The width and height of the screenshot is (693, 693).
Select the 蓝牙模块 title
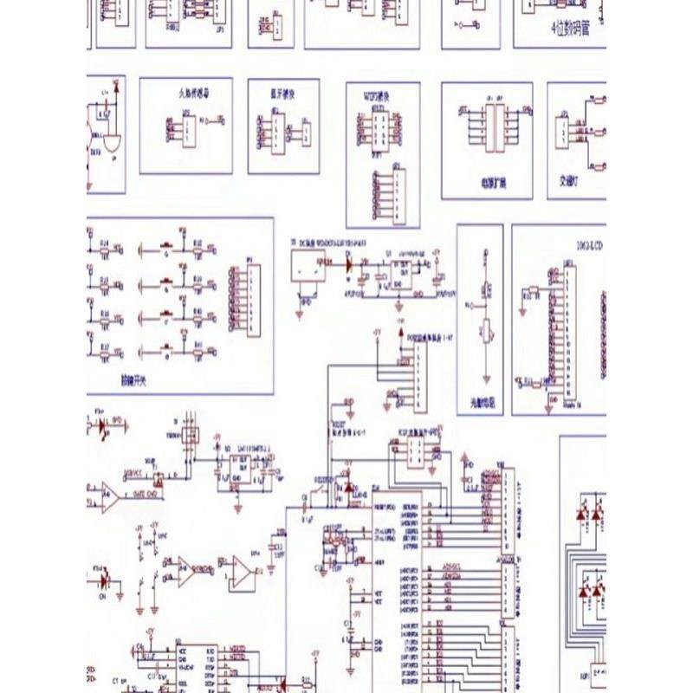280,90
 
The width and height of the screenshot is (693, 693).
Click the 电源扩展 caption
493,183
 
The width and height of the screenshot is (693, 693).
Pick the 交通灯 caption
571,181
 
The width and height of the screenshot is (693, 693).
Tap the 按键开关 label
136,379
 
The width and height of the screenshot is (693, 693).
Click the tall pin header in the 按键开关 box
250,299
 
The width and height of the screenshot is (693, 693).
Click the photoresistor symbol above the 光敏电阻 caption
486,330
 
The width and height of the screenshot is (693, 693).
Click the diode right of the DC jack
349,261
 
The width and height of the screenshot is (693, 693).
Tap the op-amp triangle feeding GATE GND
110,495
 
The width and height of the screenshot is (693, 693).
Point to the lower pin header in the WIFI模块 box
398,191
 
